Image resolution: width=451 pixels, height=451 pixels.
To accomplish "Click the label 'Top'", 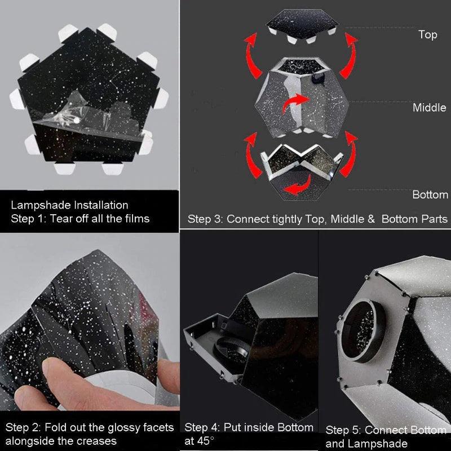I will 427,35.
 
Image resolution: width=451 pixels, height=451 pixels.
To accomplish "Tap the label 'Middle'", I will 429,108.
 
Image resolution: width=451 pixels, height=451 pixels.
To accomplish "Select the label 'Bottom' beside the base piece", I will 430,195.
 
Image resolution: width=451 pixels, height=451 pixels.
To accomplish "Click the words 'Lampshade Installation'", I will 69,205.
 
